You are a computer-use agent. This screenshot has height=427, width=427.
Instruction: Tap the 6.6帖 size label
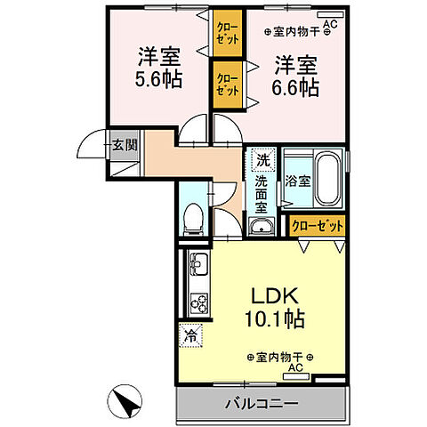pyautogui.click(x=296, y=89)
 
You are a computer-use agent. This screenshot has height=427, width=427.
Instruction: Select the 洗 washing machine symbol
pyautogui.click(x=262, y=160)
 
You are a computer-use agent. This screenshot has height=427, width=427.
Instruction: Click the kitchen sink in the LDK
pyautogui.click(x=197, y=266)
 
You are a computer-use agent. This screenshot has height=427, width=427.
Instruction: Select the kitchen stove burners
pyautogui.click(x=197, y=302)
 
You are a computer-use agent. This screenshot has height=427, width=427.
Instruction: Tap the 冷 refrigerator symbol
pyautogui.click(x=191, y=335)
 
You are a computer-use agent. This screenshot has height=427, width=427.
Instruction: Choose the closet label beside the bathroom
pyautogui.click(x=318, y=227)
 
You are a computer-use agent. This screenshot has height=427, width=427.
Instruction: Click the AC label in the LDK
pyautogui.click(x=294, y=367)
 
